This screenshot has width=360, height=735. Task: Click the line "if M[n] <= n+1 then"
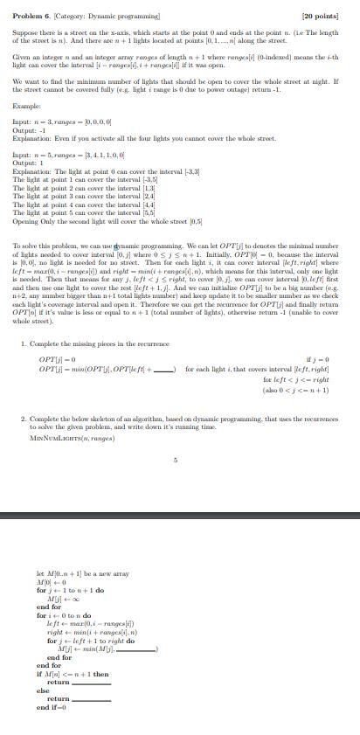coord(73,675)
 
